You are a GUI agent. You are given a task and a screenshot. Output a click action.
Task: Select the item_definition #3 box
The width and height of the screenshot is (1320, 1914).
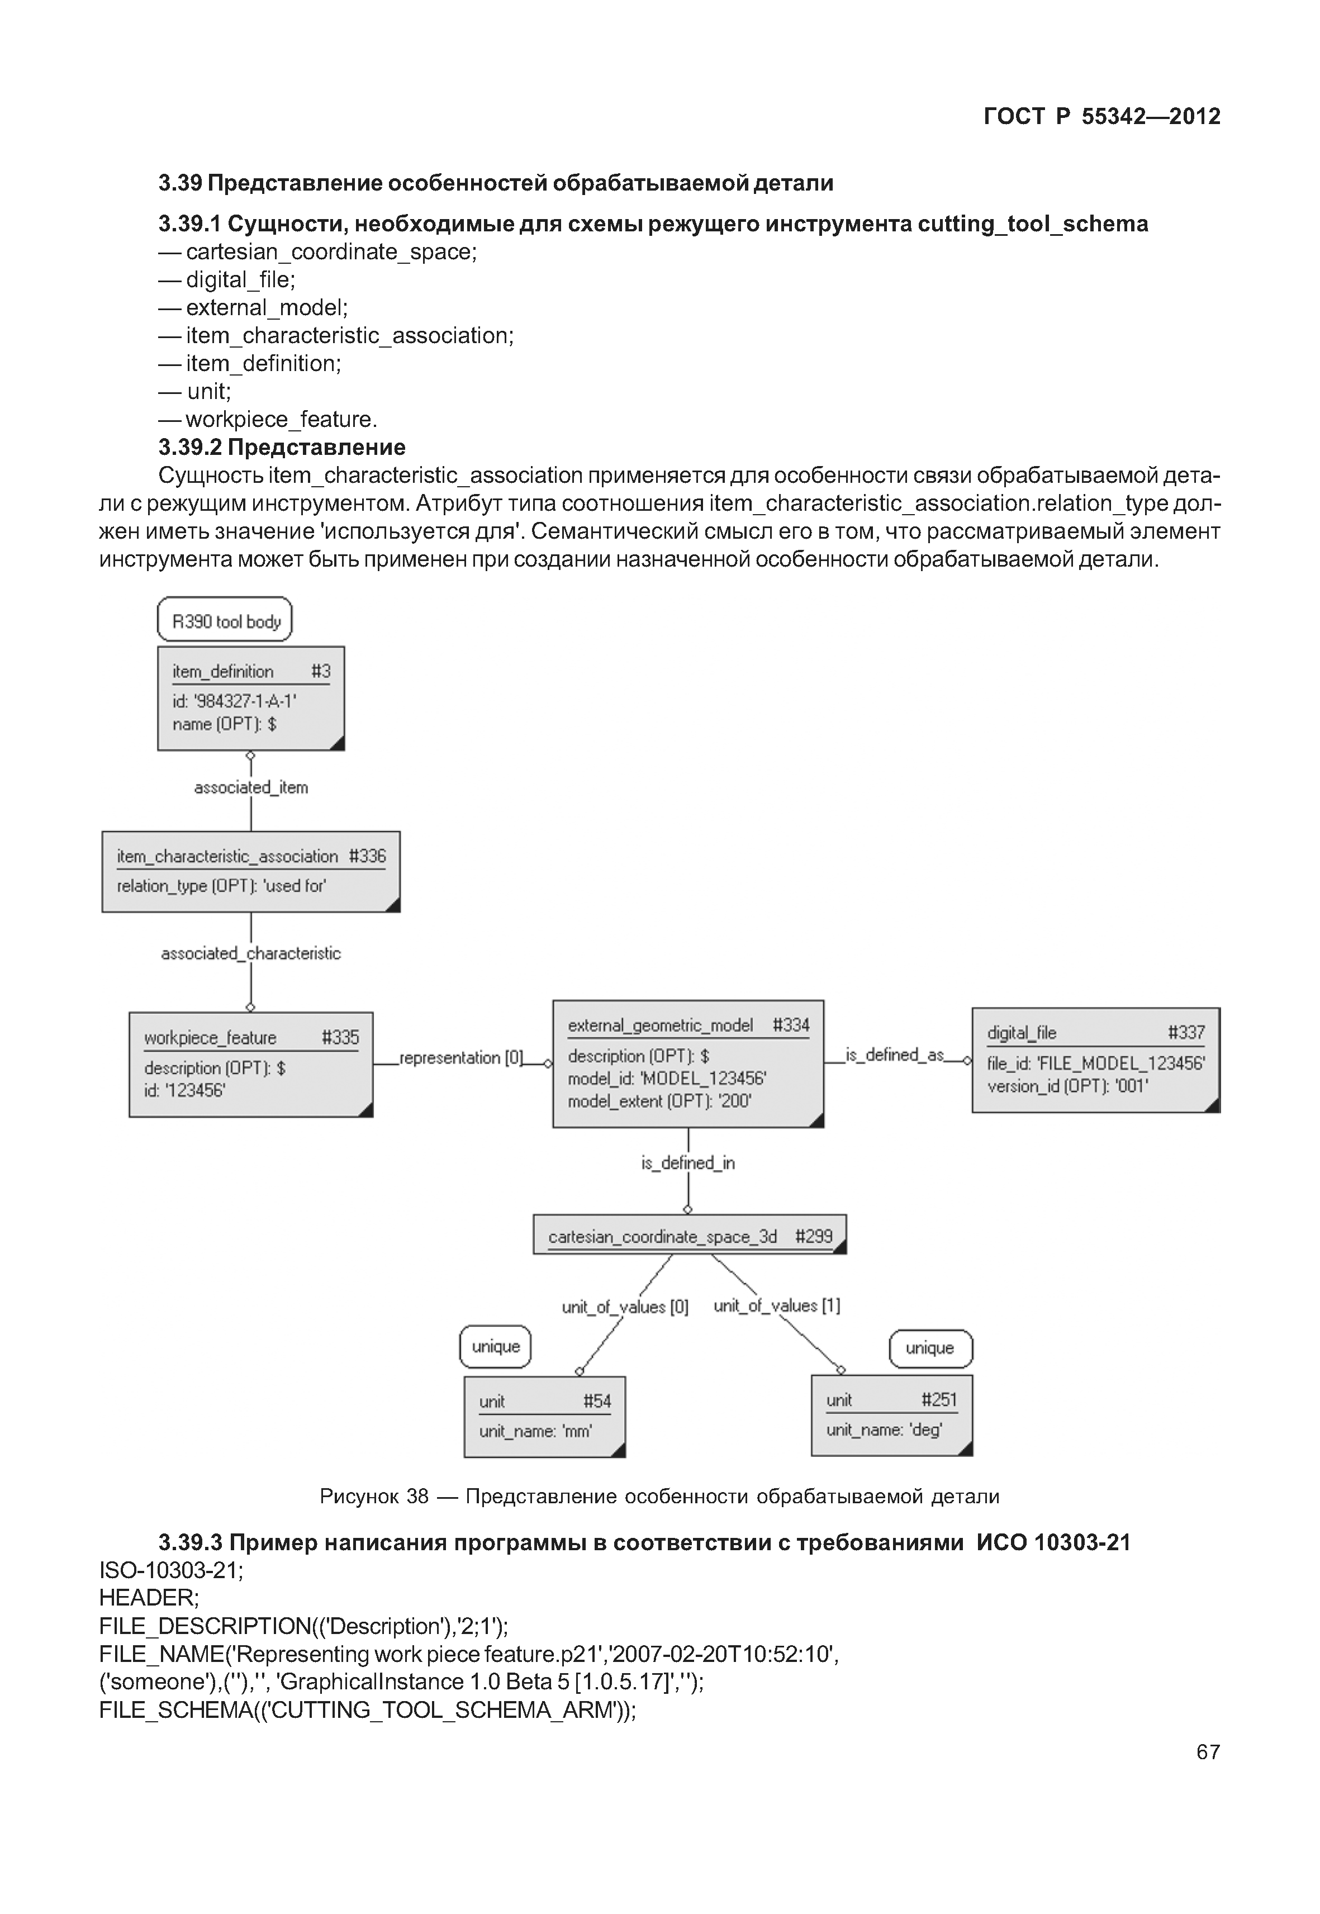tap(250, 698)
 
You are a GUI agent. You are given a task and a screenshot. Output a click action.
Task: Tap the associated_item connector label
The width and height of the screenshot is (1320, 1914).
tap(250, 787)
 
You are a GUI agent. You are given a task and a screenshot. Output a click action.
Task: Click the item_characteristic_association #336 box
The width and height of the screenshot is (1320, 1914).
tap(250, 871)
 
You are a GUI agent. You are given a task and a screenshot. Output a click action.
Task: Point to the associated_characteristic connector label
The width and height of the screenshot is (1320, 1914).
tap(250, 954)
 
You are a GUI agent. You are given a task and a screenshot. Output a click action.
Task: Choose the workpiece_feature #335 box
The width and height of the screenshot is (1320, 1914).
tap(250, 1065)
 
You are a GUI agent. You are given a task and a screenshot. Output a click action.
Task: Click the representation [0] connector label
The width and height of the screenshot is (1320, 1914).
tap(460, 1058)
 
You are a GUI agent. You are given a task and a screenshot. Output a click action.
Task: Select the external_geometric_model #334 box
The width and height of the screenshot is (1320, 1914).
tap(687, 1063)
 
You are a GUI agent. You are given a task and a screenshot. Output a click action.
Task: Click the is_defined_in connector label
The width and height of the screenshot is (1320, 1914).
tap(687, 1163)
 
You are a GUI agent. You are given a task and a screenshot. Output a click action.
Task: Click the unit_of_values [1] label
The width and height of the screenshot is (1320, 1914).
tap(777, 1305)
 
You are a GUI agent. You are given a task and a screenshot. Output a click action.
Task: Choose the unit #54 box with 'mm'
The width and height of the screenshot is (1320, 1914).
tap(544, 1416)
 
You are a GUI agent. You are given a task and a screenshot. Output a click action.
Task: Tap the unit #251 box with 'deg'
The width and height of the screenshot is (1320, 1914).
tap(891, 1414)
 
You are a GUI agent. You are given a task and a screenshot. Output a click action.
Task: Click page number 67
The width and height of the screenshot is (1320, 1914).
tap(1208, 1752)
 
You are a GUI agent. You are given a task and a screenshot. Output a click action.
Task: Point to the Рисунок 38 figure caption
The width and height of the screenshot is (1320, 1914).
tap(659, 1497)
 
